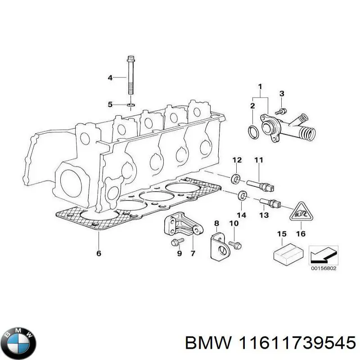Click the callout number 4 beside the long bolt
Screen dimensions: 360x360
(110, 78)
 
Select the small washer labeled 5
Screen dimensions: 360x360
(130, 105)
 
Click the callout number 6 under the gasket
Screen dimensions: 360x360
(99, 253)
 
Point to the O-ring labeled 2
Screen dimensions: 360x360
(253, 132)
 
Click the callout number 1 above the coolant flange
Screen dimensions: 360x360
(260, 86)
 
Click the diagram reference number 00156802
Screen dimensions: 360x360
(324, 269)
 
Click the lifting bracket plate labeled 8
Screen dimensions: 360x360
(219, 246)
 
